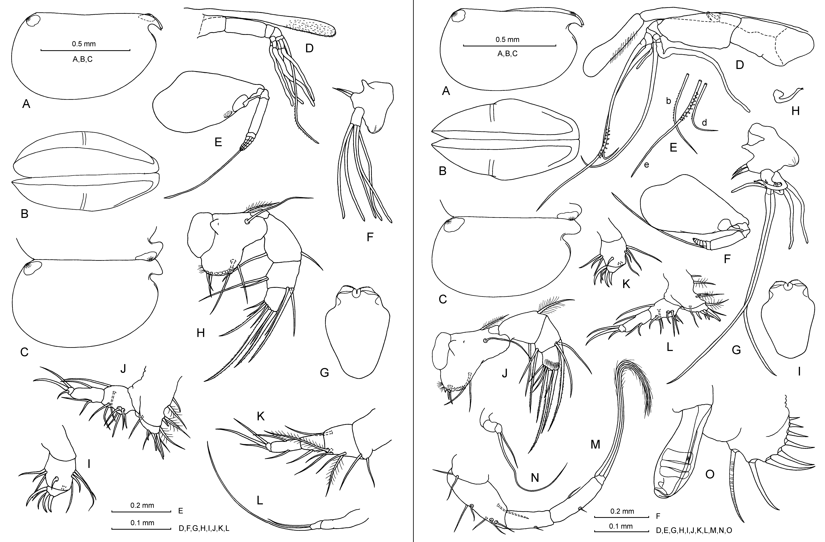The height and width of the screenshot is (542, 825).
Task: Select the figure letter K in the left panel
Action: [260, 417]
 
